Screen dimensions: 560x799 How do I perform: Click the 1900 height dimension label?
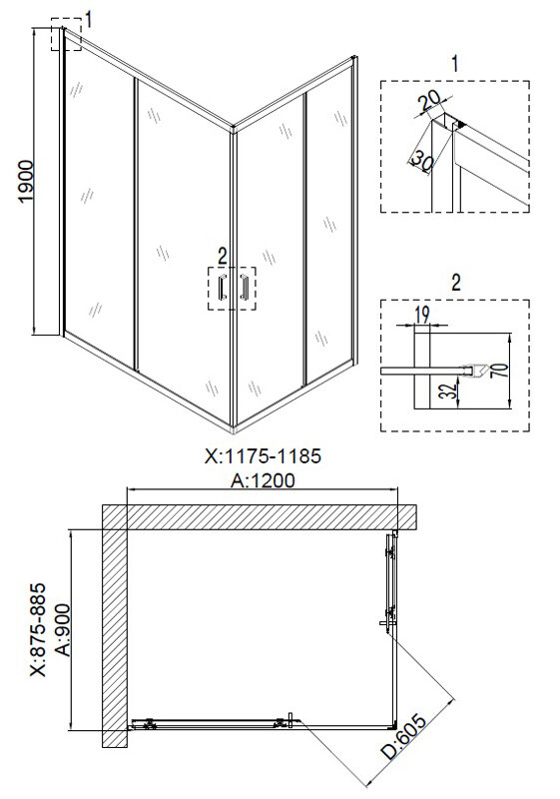click(26, 182)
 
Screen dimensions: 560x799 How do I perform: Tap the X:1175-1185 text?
click(263, 456)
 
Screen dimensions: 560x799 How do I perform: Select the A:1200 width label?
click(263, 480)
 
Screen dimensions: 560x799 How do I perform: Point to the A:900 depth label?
click(63, 630)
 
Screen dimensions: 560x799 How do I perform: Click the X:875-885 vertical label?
click(38, 630)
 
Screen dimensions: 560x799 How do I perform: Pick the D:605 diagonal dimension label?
click(405, 737)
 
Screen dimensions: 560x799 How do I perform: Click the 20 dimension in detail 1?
click(429, 103)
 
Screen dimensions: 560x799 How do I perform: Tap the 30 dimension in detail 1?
click(422, 161)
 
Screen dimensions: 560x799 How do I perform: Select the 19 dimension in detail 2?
click(422, 314)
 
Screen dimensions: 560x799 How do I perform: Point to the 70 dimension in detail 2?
click(500, 370)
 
